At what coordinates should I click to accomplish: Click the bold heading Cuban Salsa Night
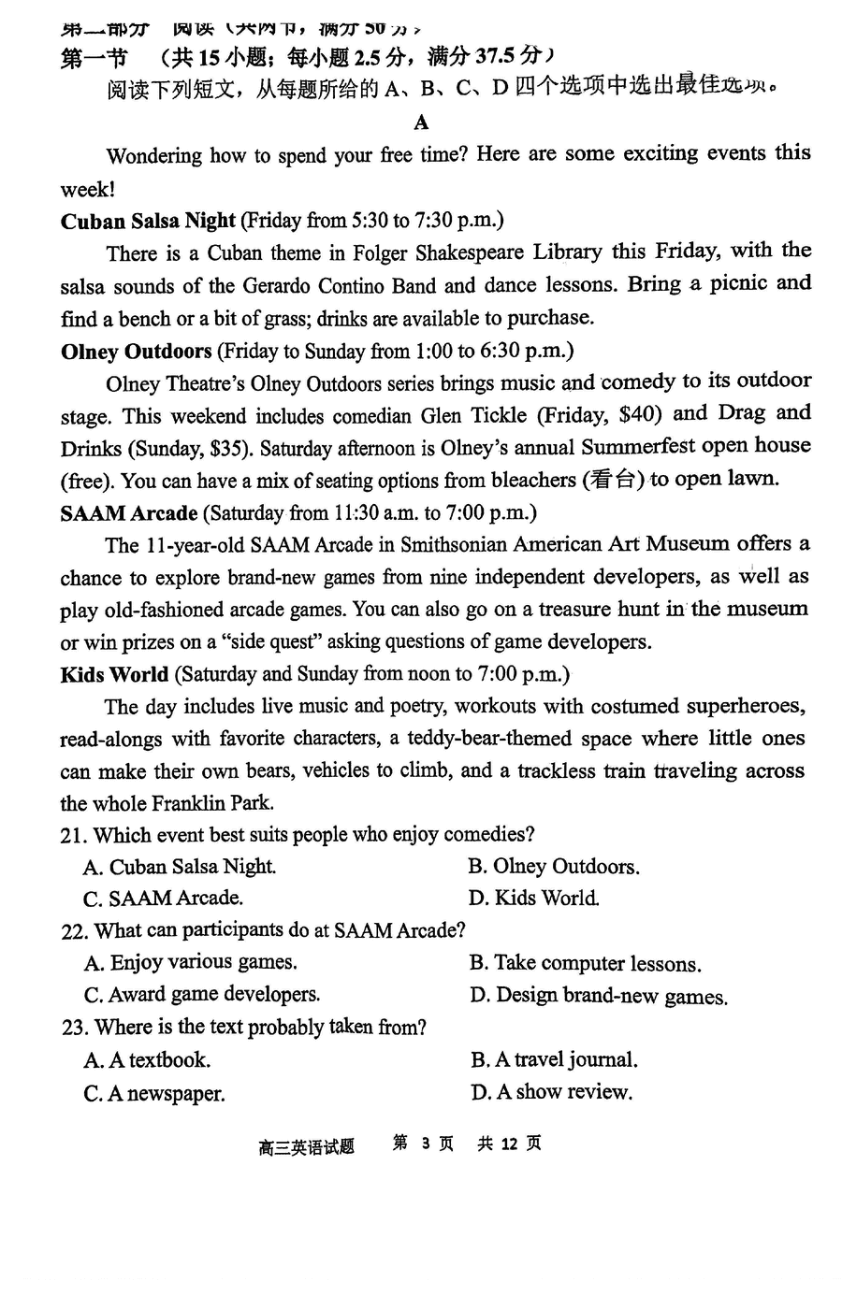pyautogui.click(x=148, y=222)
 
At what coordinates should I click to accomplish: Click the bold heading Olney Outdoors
pyautogui.click(x=136, y=352)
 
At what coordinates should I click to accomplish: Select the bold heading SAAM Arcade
pyautogui.click(x=128, y=513)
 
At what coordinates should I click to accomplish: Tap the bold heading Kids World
pyautogui.click(x=114, y=674)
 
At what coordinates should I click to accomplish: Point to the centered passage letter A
pyautogui.click(x=421, y=122)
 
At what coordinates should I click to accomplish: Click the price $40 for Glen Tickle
pyautogui.click(x=639, y=414)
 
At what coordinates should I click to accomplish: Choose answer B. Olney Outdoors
pyautogui.click(x=554, y=867)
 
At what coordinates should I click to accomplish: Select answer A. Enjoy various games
pyautogui.click(x=191, y=963)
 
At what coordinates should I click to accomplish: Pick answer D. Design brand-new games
pyautogui.click(x=599, y=997)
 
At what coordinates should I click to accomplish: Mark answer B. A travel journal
pyautogui.click(x=555, y=1060)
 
